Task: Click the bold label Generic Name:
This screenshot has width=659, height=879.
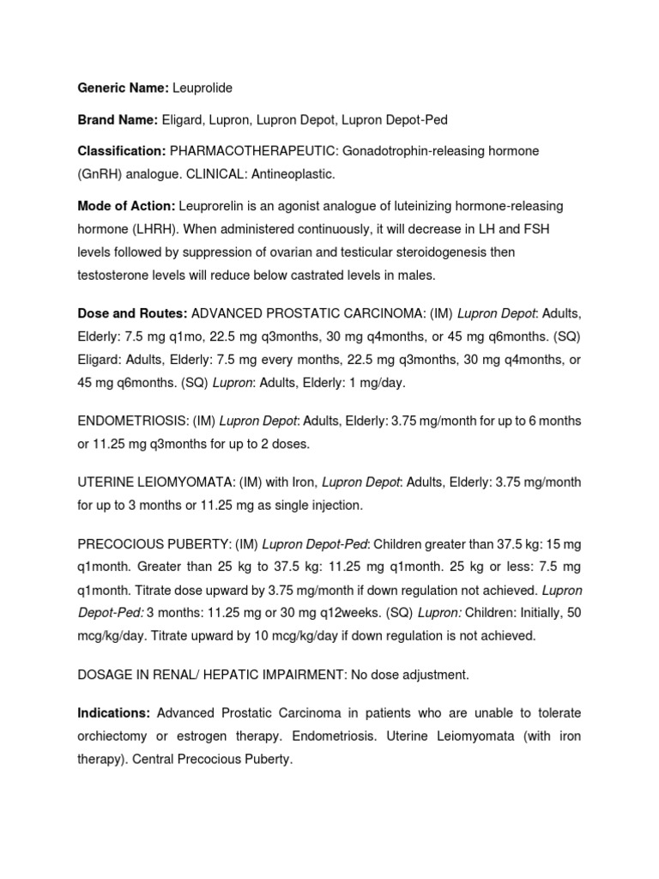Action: pyautogui.click(x=123, y=88)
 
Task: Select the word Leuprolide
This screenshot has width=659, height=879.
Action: pyautogui.click(x=203, y=88)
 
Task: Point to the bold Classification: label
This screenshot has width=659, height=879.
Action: pyautogui.click(x=121, y=151)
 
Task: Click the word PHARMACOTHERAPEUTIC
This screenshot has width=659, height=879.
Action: pyautogui.click(x=253, y=151)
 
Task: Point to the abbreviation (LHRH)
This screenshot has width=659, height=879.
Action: pyautogui.click(x=153, y=229)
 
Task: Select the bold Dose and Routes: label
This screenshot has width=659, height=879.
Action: pyautogui.click(x=132, y=313)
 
